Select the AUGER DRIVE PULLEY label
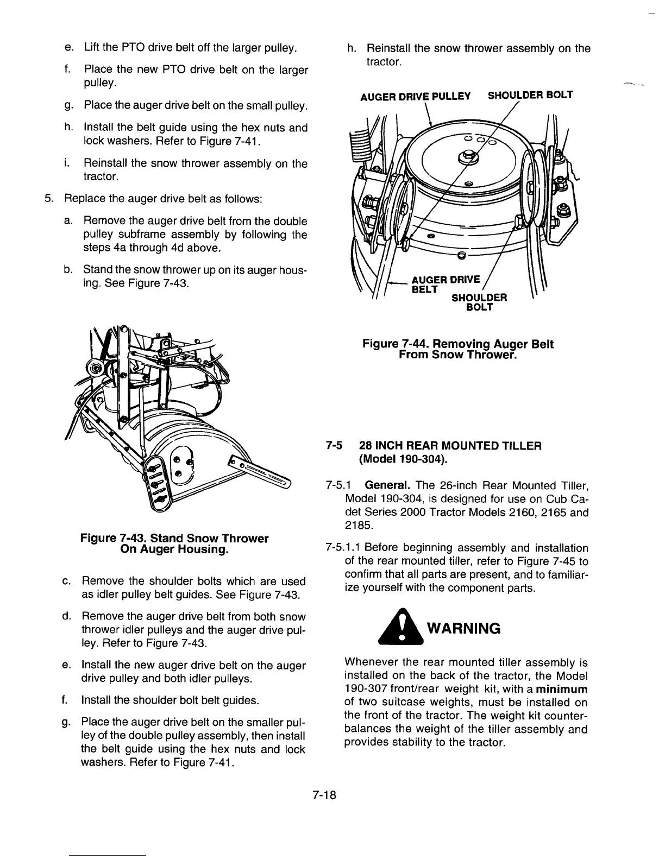coord(416,96)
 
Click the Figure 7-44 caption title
coord(458,350)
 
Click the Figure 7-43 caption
coord(174,543)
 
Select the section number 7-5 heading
coord(335,446)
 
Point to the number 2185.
coord(358,525)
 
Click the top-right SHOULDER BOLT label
coord(530,95)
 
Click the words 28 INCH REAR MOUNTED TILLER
coord(450,446)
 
